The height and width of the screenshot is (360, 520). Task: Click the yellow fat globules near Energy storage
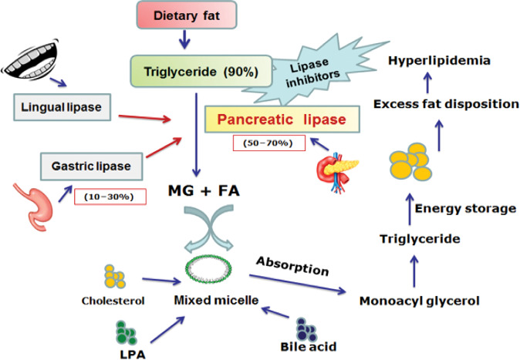[x=412, y=159]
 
